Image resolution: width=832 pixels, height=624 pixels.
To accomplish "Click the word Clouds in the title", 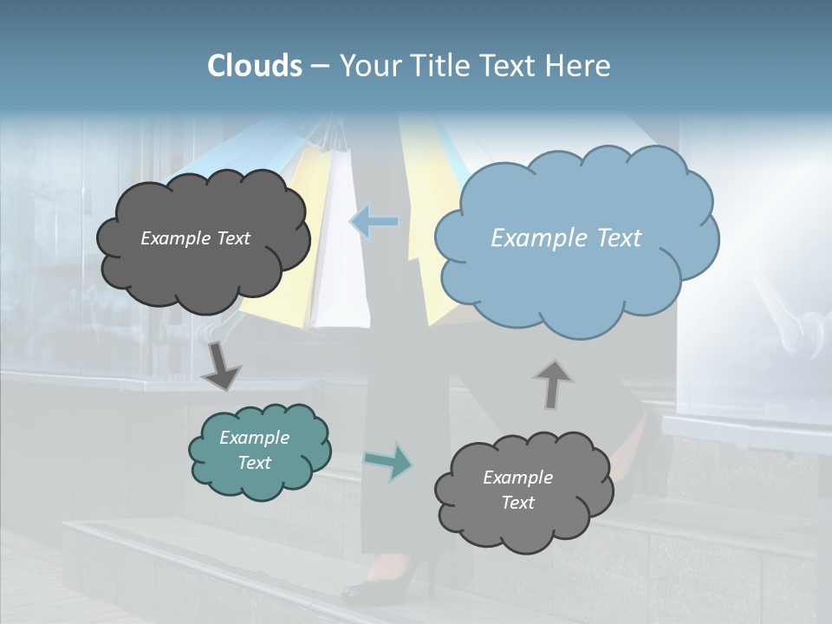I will click(255, 66).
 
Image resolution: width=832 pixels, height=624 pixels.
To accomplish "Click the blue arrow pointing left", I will click(374, 222).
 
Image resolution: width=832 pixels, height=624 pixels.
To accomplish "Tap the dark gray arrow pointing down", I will click(221, 366).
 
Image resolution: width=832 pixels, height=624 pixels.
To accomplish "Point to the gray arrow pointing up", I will click(553, 384).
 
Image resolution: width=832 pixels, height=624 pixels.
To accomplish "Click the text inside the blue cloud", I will click(566, 238).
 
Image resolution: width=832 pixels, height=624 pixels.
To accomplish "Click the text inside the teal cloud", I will click(254, 450).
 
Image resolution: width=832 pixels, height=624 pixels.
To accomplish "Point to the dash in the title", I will click(320, 67).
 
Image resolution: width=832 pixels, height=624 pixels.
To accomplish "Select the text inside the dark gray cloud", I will click(195, 238).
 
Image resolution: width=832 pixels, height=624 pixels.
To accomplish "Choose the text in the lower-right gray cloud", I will click(517, 490).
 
